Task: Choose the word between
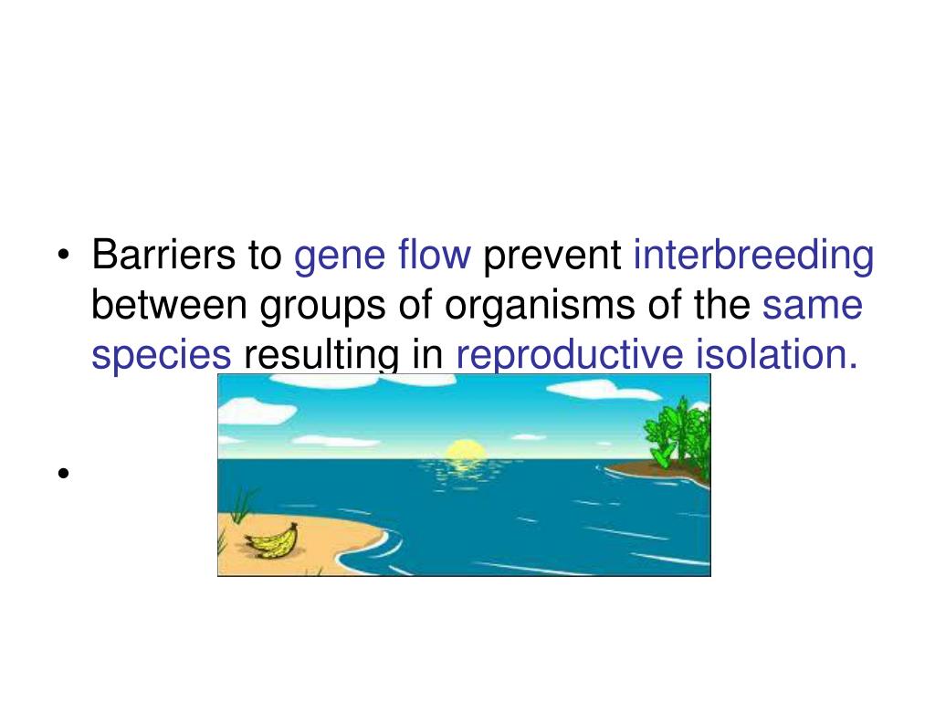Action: pyautogui.click(x=170, y=307)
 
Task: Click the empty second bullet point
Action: pyautogui.click(x=63, y=474)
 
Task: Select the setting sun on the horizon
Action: pyautogui.click(x=464, y=450)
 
